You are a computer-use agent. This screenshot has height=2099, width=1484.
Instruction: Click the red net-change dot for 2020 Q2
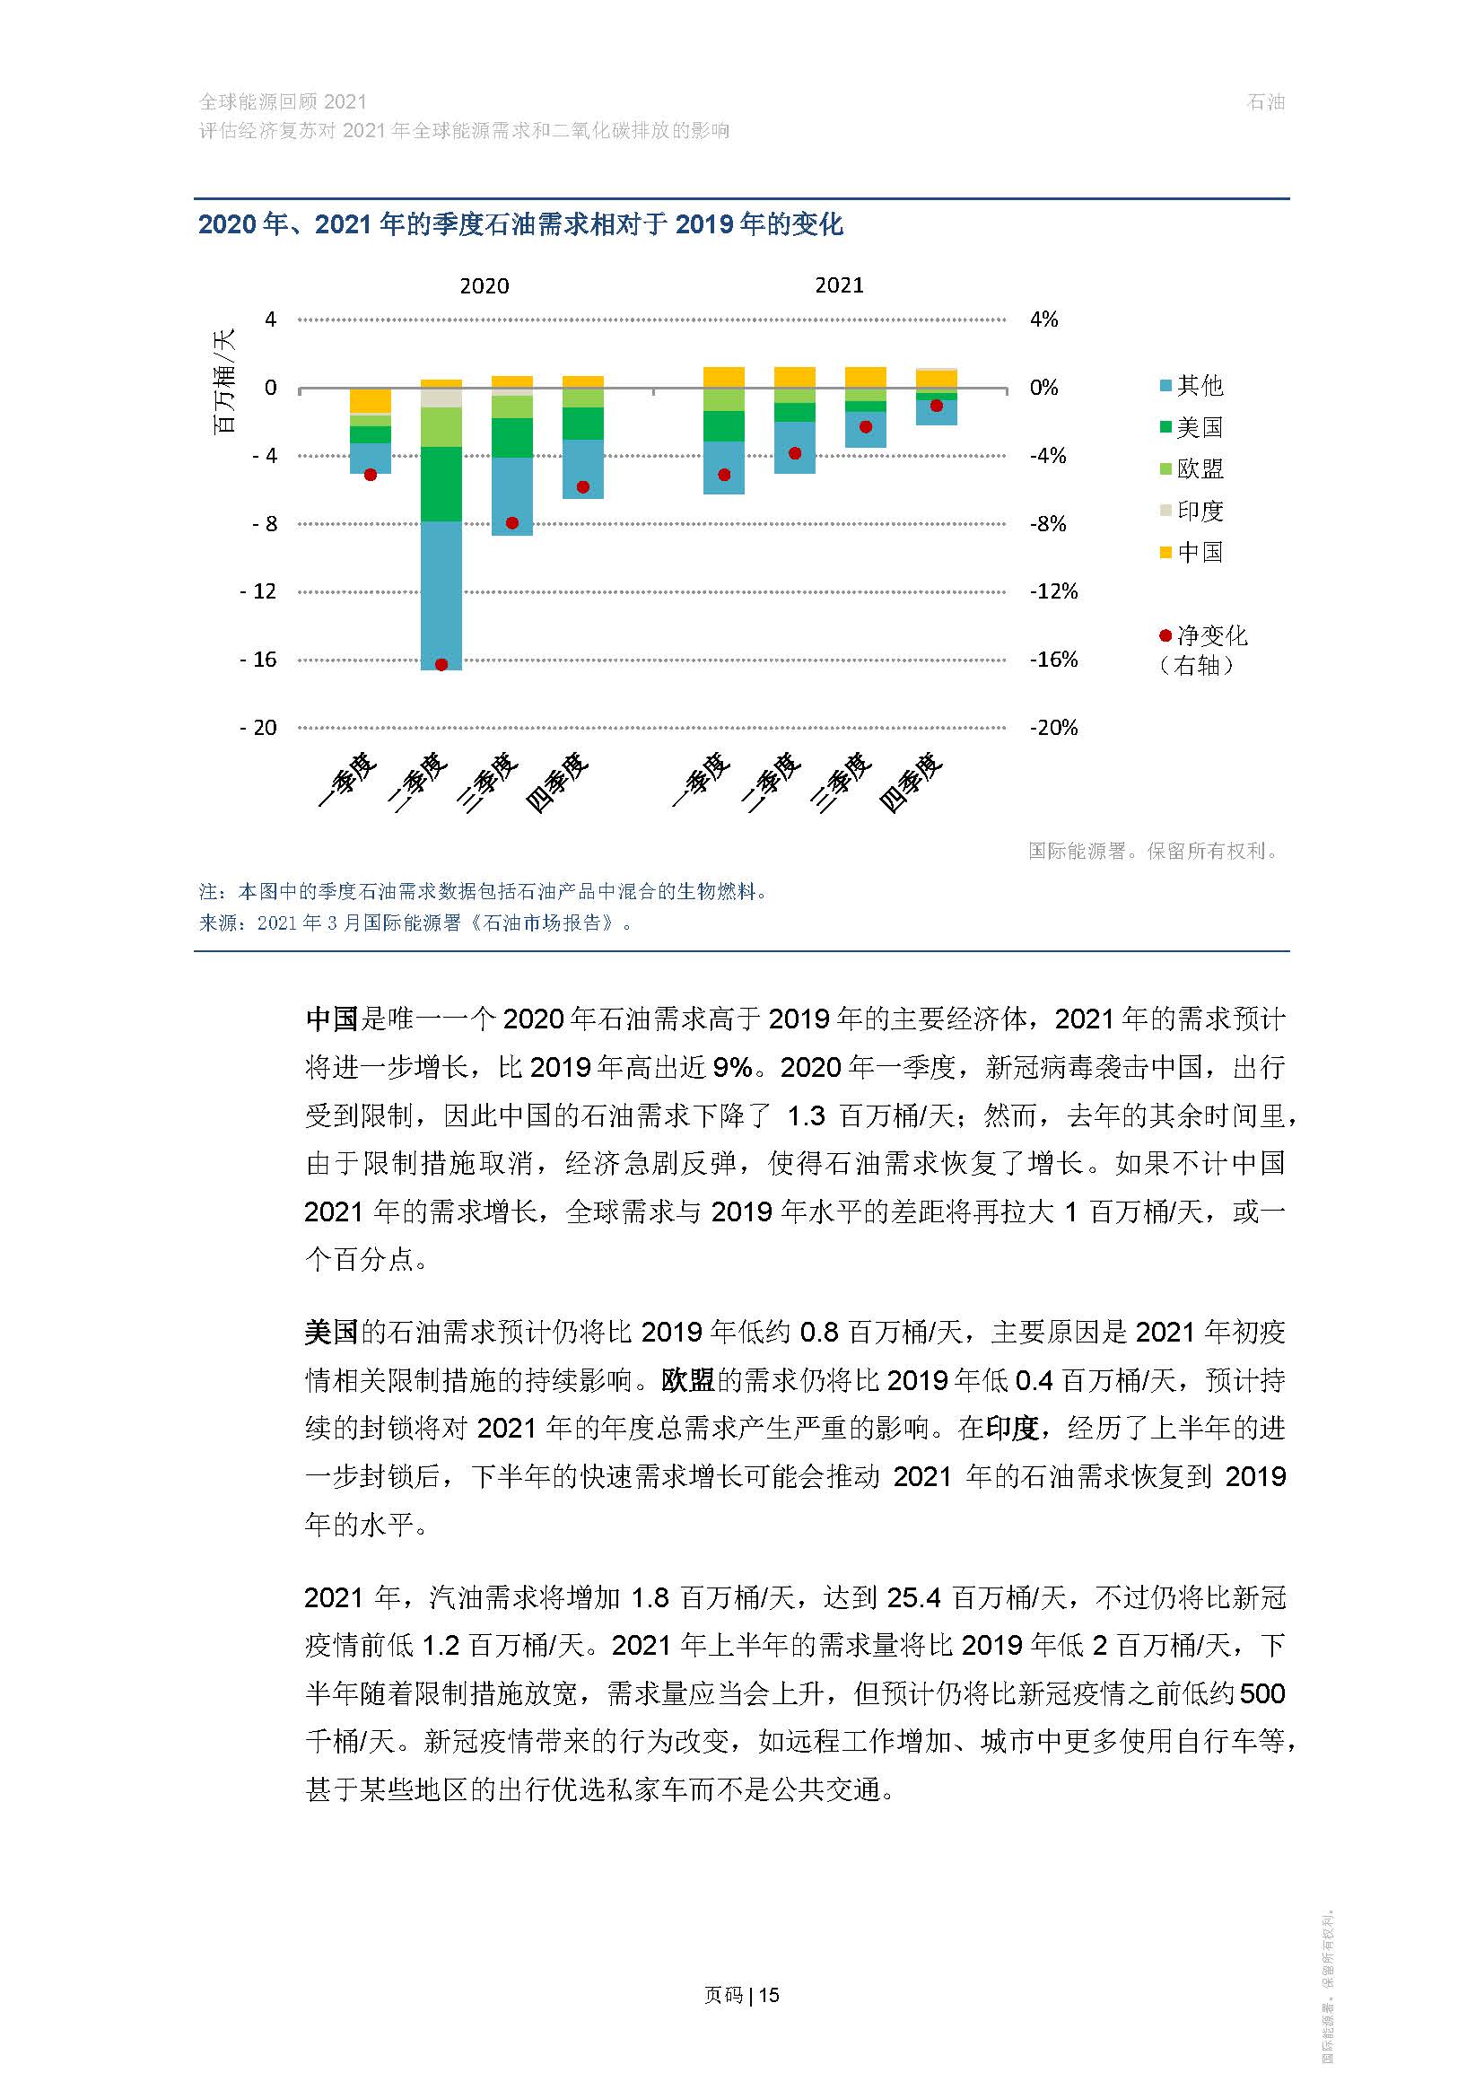coord(441,665)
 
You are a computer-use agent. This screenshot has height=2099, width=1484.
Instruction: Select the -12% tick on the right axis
coord(1053,591)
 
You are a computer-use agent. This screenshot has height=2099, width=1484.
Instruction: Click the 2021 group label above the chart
coord(839,285)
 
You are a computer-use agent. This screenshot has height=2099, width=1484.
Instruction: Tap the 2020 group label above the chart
coord(484,286)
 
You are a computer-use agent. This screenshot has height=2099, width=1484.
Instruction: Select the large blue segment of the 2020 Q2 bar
coord(441,594)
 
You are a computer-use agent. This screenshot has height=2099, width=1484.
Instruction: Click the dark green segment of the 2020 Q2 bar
coord(441,484)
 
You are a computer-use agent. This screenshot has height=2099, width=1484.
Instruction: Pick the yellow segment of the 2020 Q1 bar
coord(370,400)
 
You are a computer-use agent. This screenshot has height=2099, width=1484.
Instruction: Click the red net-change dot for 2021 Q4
coord(937,406)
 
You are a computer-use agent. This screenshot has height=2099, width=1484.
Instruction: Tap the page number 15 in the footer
coord(770,1995)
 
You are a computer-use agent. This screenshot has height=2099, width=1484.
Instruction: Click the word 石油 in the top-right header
coord(1266,102)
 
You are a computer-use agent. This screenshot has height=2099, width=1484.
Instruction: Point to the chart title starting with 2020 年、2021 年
coord(520,225)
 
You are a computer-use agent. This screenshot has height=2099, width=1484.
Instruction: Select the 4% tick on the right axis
coord(1043,320)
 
